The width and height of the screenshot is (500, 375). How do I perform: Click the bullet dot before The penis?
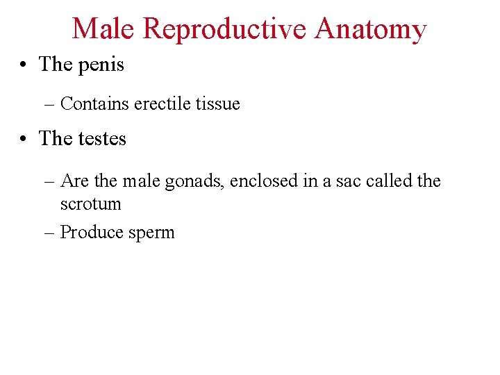(x=24, y=65)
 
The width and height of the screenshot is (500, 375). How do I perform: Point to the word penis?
(x=101, y=65)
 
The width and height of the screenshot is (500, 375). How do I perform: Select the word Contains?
(x=94, y=104)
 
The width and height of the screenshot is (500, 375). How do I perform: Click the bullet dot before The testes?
(x=24, y=139)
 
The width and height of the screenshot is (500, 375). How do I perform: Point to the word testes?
(x=102, y=139)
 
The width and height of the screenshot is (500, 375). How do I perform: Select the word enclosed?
(x=259, y=181)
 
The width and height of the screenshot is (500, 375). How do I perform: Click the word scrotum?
(x=90, y=204)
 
